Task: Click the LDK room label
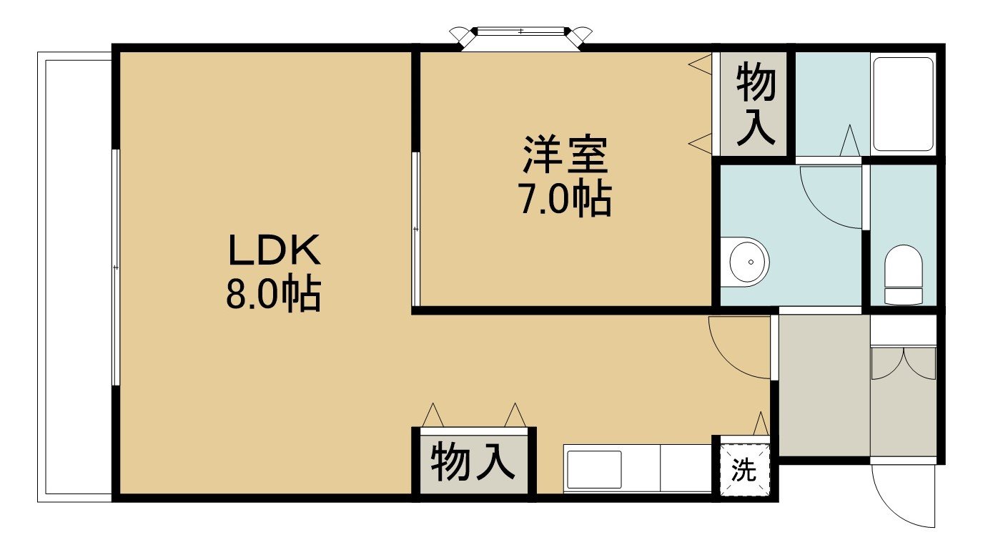(274, 250)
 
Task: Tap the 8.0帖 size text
(273, 293)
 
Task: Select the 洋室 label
(565, 154)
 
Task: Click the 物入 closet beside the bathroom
(756, 104)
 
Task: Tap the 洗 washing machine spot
(744, 469)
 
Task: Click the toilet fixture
(904, 275)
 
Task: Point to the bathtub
(904, 104)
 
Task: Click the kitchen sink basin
(593, 469)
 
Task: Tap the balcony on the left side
(74, 277)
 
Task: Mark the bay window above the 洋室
(521, 36)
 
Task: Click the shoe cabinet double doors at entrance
(904, 364)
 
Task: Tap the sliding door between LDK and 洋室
(415, 229)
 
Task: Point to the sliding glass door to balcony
(116, 267)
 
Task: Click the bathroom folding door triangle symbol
(850, 140)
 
